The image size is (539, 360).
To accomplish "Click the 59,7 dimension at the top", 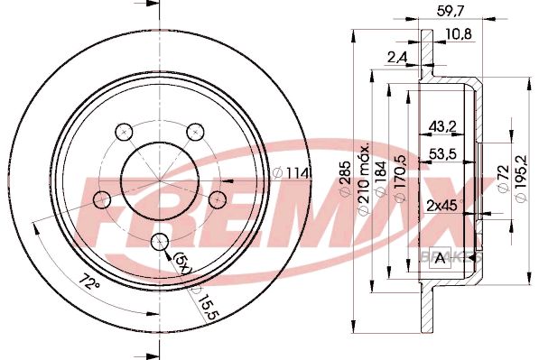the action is pyautogui.click(x=451, y=11).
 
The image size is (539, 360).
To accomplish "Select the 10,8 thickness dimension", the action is pyautogui.click(x=459, y=34).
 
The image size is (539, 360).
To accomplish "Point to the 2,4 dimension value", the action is pyautogui.click(x=397, y=58).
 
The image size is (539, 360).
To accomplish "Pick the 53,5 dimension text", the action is pyautogui.click(x=442, y=154).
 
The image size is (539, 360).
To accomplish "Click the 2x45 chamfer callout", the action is pyautogui.click(x=444, y=206).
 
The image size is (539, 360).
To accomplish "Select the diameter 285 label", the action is pyautogui.click(x=345, y=180).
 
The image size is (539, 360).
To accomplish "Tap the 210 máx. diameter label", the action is pyautogui.click(x=364, y=180).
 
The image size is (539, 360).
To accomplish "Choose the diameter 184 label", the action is pyautogui.click(x=380, y=180).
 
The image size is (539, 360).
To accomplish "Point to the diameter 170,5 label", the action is pyautogui.click(x=399, y=179).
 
